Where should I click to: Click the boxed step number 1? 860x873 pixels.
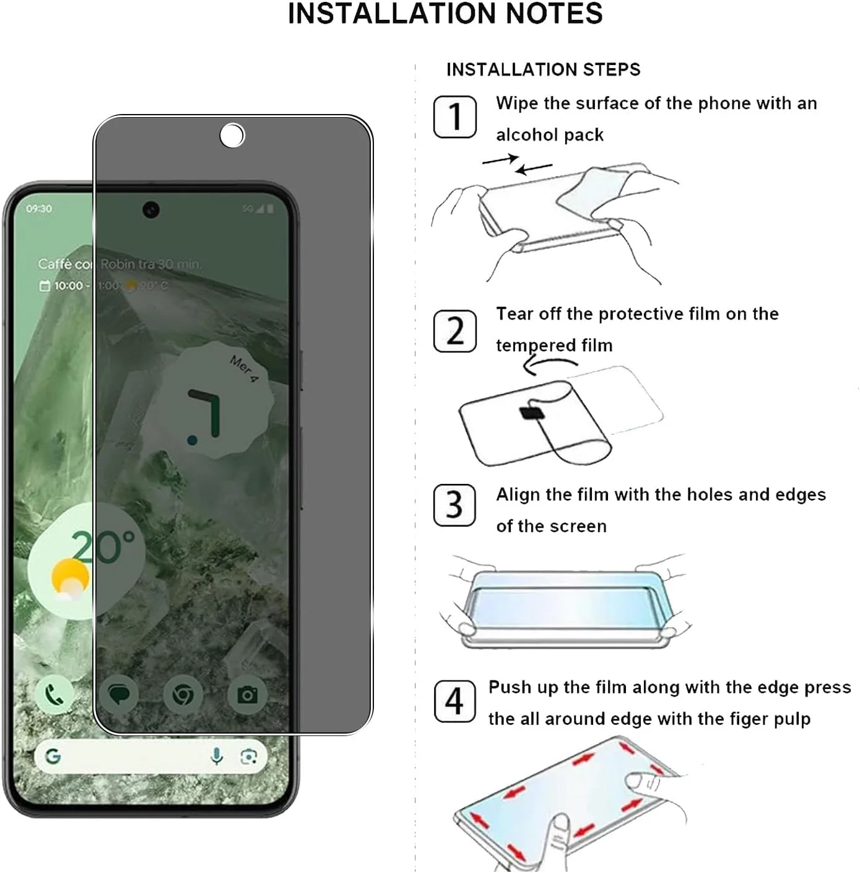pos(454,116)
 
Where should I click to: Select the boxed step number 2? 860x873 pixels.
pos(454,331)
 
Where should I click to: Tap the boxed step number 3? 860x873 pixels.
pos(454,505)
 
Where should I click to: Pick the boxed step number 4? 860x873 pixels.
pos(454,701)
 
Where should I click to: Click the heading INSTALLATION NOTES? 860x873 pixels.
pos(445,14)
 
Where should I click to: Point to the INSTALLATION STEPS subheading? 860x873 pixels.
pos(543,69)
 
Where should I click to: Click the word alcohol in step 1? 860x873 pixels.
pos(523,135)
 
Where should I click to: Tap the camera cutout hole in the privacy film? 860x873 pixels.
pos(232,136)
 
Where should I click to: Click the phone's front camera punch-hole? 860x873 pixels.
pos(151,210)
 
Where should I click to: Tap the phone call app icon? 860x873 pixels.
pos(55,695)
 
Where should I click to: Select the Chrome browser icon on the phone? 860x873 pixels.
pos(183,695)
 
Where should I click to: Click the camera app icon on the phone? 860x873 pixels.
pos(247,695)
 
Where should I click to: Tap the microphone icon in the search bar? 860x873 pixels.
pos(216,757)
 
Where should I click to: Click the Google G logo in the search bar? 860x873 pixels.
pos(53,757)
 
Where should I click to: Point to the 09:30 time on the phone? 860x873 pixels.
pos(39,209)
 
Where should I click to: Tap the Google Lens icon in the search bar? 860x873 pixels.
pos(249,757)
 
